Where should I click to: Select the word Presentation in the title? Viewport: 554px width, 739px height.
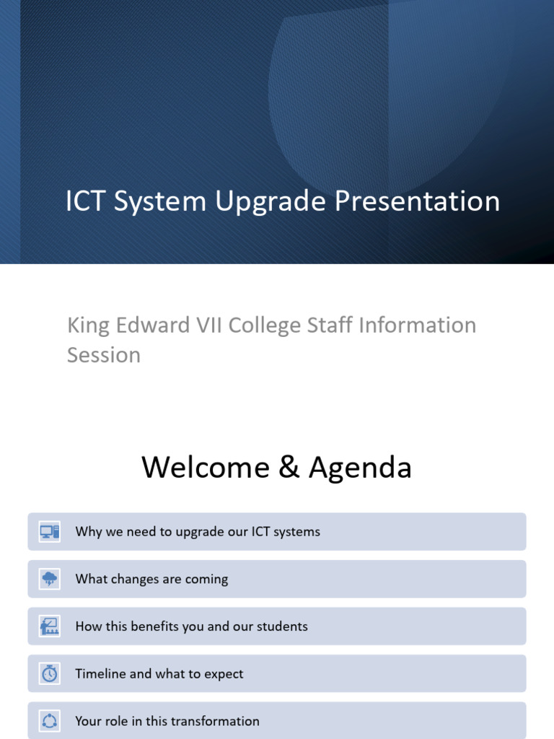418,201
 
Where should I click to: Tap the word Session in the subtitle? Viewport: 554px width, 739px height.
104,355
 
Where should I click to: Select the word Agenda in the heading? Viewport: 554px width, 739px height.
360,468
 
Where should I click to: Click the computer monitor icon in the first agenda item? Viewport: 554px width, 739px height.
50,532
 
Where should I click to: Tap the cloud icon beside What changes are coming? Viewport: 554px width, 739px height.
50,579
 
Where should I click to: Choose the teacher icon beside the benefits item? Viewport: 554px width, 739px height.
50,626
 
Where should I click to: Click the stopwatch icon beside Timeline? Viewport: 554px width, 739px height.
50,673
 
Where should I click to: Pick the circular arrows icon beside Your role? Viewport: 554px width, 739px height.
50,721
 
